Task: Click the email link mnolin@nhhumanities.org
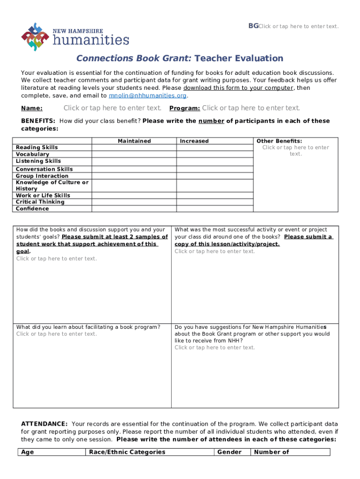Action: (147, 95)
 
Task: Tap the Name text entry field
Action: (112, 108)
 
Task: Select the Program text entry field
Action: (251, 108)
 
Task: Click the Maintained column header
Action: (134, 141)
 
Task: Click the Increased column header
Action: (194, 141)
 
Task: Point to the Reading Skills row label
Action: (37, 147)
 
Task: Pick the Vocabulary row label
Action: (32, 154)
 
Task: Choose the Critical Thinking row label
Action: (40, 202)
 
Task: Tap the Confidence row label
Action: (32, 209)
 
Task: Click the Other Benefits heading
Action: (279, 141)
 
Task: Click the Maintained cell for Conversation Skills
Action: (134, 169)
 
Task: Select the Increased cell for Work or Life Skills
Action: (215, 195)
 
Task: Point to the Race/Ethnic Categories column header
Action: (127, 452)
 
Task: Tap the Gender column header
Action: (230, 452)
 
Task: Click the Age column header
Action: (28, 452)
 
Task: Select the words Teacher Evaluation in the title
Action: (238, 58)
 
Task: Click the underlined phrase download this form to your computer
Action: (238, 88)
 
